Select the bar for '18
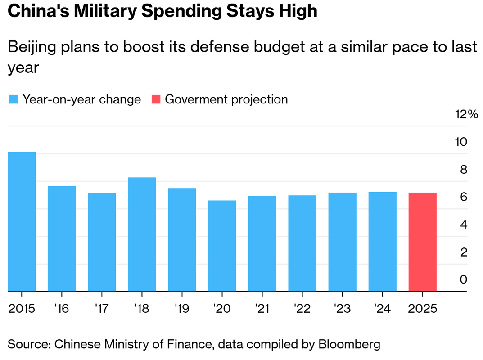[142, 234]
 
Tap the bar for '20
[222, 246]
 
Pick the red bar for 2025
[422, 242]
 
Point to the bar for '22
[302, 243]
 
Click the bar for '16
[62, 238]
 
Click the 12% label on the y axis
[466, 114]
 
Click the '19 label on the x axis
[182, 309]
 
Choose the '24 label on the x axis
[382, 309]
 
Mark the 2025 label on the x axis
[422, 309]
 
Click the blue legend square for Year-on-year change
[14, 99]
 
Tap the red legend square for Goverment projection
[156, 99]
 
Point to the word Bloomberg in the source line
[349, 345]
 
